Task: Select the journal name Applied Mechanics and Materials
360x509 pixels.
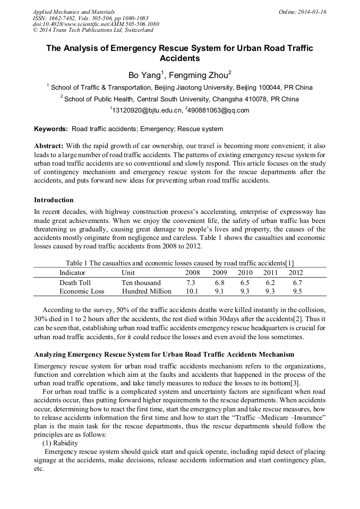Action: click(73, 11)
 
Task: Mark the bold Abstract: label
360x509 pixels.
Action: click(49, 146)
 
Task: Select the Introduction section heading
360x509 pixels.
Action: click(54, 200)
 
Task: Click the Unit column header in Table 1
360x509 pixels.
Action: click(128, 272)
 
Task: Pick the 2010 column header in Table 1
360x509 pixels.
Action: click(245, 272)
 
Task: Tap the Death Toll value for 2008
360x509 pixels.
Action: click(191, 283)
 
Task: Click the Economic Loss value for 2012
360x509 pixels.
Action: click(297, 291)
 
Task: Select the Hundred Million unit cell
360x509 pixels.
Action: click(147, 291)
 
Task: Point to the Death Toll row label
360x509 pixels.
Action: click(75, 283)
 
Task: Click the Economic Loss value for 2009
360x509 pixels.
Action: click(219, 291)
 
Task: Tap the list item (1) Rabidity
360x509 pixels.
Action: click(60, 443)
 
